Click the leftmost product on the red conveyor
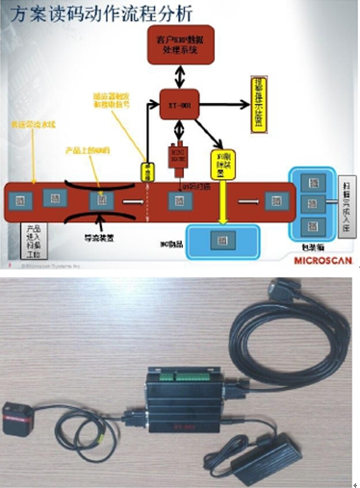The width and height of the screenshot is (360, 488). pos(20,199)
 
